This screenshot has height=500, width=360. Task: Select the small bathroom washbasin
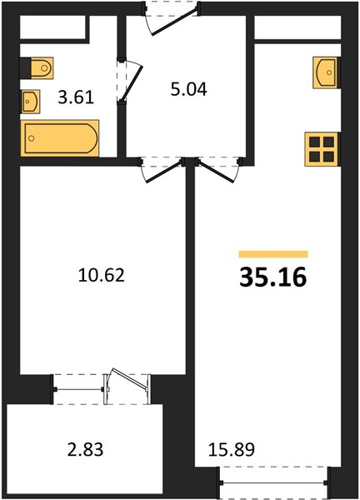pyautogui.click(x=31, y=102)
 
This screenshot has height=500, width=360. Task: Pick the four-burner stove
pyautogui.click(x=322, y=149)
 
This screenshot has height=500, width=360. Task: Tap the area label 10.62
pyautogui.click(x=100, y=275)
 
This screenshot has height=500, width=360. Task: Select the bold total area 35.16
pyautogui.click(x=272, y=277)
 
